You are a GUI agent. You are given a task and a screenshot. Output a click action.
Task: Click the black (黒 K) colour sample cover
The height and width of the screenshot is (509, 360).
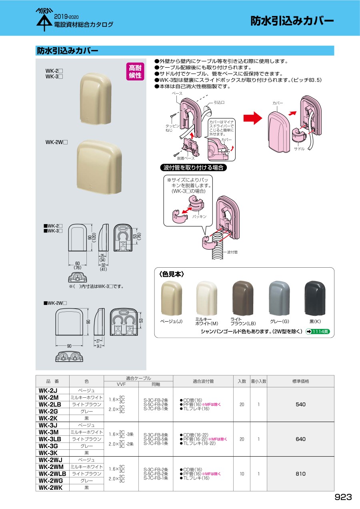(x=315, y=298)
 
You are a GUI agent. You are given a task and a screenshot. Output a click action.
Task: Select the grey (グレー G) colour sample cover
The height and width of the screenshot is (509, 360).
(x=279, y=298)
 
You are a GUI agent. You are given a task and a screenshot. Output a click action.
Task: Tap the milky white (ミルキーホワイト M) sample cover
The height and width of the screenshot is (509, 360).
(x=206, y=298)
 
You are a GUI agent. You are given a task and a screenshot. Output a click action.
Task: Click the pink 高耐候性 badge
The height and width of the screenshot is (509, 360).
(x=135, y=72)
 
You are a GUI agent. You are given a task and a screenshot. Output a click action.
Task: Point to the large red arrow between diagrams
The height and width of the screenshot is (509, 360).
(x=252, y=118)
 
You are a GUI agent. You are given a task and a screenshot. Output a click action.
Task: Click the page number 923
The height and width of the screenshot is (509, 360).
(x=343, y=497)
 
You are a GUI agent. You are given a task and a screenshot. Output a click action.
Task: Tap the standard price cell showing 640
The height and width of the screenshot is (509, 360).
(x=300, y=439)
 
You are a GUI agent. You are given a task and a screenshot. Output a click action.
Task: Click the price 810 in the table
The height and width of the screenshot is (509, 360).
(x=300, y=474)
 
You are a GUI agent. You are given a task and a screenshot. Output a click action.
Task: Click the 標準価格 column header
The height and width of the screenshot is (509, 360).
(x=300, y=381)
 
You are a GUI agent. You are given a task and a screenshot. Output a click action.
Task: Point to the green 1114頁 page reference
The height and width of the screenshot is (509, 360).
(x=318, y=331)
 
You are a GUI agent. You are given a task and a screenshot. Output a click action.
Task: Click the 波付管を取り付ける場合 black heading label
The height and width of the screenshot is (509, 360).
(x=193, y=168)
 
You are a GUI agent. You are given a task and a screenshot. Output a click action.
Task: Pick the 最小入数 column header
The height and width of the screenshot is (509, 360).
(x=258, y=381)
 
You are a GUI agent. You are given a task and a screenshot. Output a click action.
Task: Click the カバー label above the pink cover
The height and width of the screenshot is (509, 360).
(x=278, y=103)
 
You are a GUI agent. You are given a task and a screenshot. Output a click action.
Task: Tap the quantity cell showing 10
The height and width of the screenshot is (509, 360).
(x=242, y=474)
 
